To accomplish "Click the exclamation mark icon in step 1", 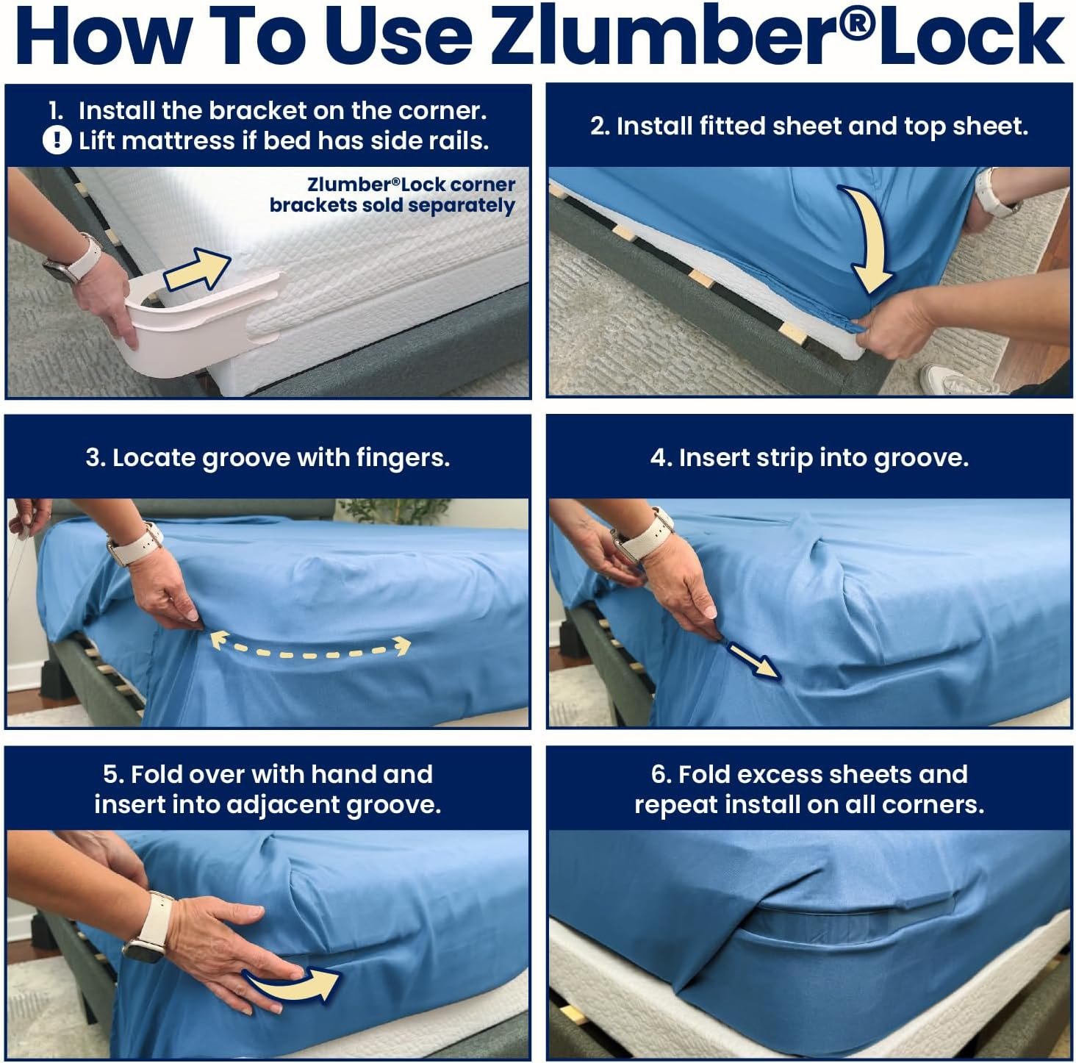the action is coord(57,140).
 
